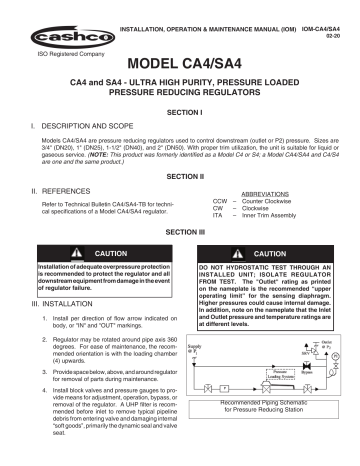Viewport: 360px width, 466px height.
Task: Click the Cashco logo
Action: (x=63, y=27)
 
